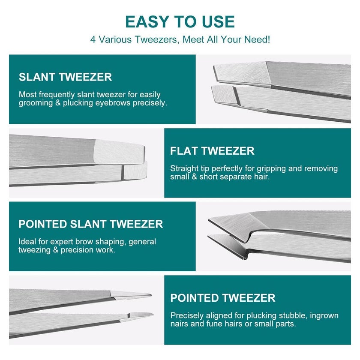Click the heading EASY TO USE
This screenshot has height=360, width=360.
pyautogui.click(x=180, y=22)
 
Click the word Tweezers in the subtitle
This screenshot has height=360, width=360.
pyautogui.click(x=156, y=39)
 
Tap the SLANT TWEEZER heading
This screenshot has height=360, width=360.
pyautogui.click(x=65, y=77)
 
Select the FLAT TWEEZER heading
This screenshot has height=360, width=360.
pyautogui.click(x=212, y=151)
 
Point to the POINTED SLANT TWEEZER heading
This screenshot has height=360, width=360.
pyautogui.click(x=91, y=224)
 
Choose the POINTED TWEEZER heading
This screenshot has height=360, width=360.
pyautogui.click(x=223, y=298)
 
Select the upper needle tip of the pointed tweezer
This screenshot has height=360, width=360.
pyautogui.click(x=151, y=294)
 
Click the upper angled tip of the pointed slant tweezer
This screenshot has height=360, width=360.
pyautogui.click(x=209, y=220)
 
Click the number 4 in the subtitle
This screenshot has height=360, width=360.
pyautogui.click(x=93, y=39)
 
